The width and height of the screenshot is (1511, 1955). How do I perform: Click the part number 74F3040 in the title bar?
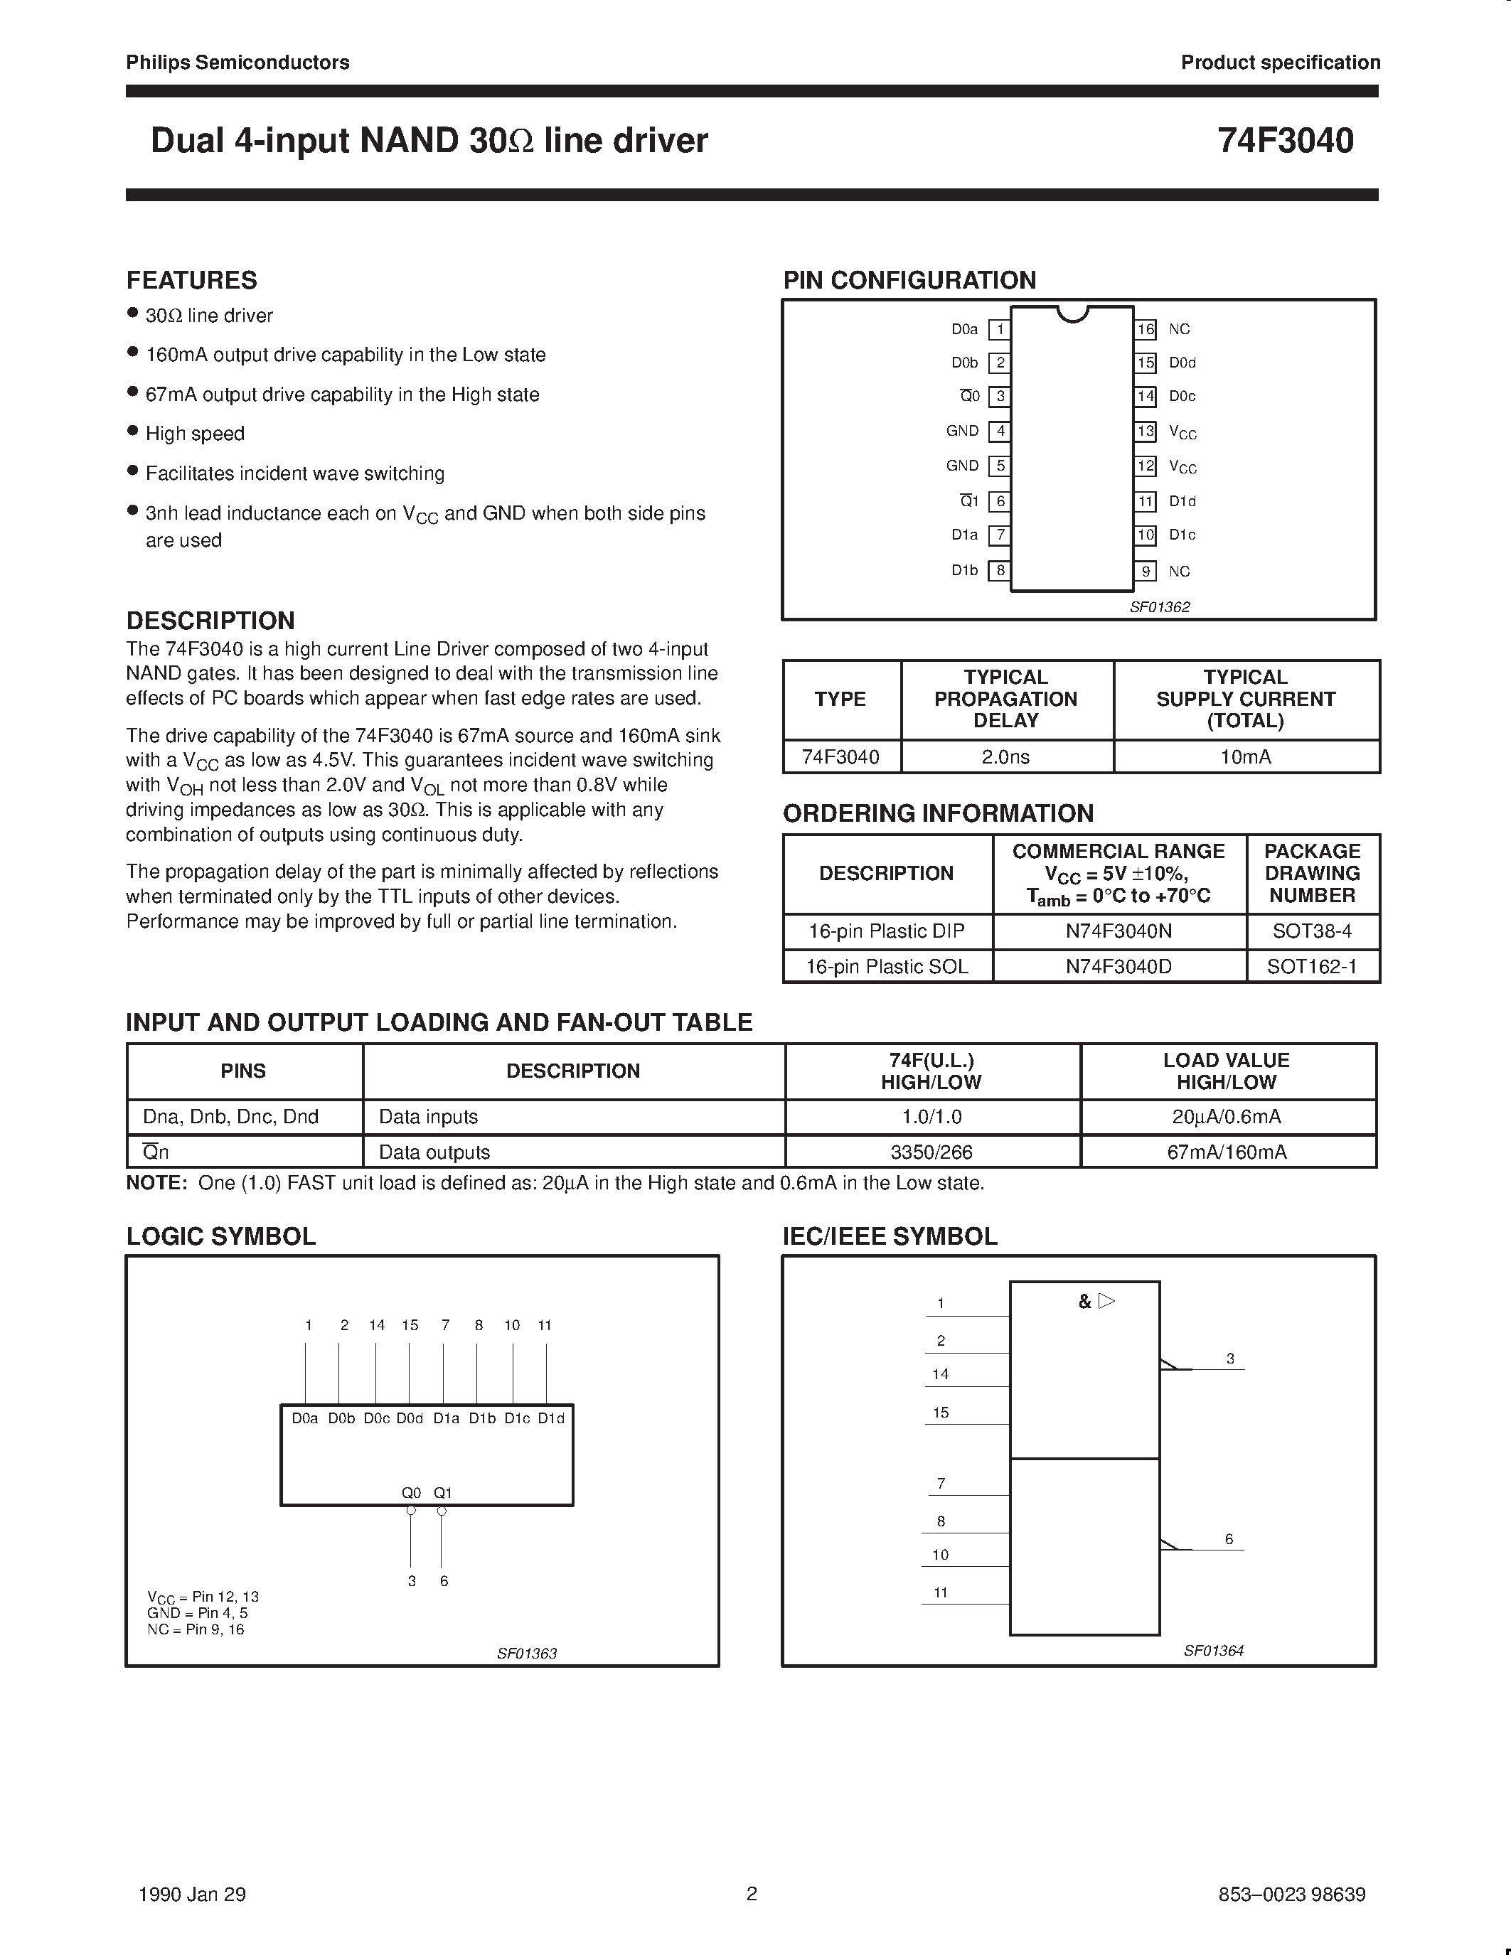click(x=1285, y=141)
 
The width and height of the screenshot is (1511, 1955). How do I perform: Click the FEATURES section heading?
click(x=191, y=280)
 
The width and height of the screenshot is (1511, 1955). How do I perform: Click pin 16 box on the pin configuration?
click(x=1146, y=329)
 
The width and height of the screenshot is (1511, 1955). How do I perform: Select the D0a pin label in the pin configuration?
click(x=964, y=329)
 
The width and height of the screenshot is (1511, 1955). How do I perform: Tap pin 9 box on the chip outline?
click(x=1146, y=571)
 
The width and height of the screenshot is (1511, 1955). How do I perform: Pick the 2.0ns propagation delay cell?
click(x=1005, y=757)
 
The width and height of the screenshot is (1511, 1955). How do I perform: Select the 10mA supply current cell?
click(x=1245, y=757)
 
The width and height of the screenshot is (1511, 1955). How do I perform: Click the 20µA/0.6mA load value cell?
click(x=1227, y=1117)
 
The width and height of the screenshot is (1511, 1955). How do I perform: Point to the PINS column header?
click(x=242, y=1071)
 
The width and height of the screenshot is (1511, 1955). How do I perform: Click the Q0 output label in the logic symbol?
click(x=411, y=1493)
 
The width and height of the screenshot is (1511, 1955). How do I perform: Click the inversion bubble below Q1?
click(x=442, y=1511)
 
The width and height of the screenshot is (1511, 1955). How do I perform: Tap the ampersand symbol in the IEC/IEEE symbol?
click(x=1085, y=1302)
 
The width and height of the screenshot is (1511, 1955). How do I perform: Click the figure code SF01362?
click(x=1159, y=607)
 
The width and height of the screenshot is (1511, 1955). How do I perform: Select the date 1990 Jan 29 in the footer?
click(x=193, y=1894)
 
